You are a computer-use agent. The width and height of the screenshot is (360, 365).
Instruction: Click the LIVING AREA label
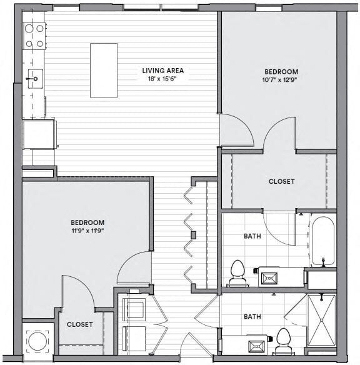point(162,71)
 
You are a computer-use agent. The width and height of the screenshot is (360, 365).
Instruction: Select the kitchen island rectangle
point(104,70)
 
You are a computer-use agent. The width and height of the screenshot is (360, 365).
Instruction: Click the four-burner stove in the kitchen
point(34,36)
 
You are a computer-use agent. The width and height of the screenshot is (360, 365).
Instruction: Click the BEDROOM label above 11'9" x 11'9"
point(87,222)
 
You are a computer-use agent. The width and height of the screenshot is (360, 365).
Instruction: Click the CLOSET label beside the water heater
point(80,324)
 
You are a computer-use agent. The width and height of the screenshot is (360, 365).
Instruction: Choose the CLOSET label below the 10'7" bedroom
point(281,182)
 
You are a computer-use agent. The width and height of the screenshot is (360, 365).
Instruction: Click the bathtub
point(323,241)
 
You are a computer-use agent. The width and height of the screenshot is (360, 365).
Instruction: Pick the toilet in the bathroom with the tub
point(237,272)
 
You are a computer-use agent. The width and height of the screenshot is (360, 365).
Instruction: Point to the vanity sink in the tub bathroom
point(272,276)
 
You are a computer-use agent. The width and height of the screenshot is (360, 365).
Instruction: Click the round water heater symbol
point(36,341)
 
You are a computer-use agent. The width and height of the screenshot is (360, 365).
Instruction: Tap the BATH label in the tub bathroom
point(252,236)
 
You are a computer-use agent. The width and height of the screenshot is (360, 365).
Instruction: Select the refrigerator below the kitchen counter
point(39,134)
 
